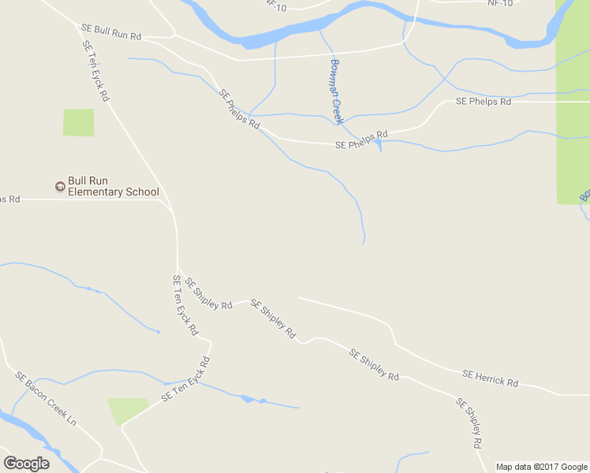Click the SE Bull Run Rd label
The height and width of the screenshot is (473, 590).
(x=111, y=32)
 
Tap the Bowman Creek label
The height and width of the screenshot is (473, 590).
(x=336, y=91)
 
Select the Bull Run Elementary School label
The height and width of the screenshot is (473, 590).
(x=113, y=186)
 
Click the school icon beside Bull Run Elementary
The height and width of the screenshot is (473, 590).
(x=59, y=187)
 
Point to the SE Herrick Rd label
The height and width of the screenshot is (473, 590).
(x=490, y=378)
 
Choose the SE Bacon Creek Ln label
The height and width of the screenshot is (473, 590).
(x=46, y=398)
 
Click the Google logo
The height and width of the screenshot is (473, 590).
(x=26, y=464)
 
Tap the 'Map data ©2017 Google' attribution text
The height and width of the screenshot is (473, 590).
(x=542, y=467)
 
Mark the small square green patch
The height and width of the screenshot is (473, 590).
(x=78, y=122)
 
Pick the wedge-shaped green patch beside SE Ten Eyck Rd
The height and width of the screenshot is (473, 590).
(x=125, y=408)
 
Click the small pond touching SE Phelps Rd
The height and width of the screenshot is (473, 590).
(x=380, y=144)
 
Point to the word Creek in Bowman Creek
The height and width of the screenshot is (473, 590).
(x=338, y=107)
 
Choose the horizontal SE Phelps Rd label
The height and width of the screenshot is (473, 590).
(x=484, y=102)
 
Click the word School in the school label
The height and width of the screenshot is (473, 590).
(x=143, y=192)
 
